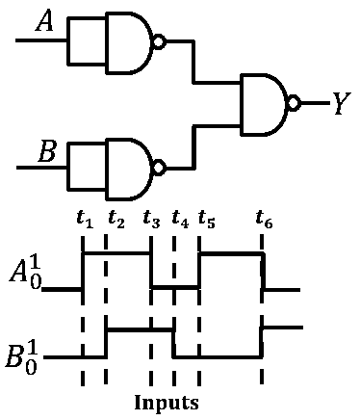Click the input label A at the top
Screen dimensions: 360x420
(44, 22)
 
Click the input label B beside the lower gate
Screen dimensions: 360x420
(47, 151)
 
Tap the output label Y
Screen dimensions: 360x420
(342, 103)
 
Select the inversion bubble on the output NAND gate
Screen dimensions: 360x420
(295, 103)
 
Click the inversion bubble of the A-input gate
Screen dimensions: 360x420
(160, 41)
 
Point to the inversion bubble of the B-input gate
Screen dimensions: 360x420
(160, 169)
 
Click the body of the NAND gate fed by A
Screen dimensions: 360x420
(129, 43)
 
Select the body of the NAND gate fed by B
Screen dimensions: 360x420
(129, 170)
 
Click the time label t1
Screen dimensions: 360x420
(85, 219)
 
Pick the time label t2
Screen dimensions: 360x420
(116, 219)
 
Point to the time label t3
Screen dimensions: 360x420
(151, 219)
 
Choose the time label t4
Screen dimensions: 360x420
(180, 219)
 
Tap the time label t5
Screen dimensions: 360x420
(207, 219)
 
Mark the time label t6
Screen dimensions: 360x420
(264, 219)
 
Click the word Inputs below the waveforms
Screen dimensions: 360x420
(167, 403)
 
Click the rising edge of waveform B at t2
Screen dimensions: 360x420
(106, 343)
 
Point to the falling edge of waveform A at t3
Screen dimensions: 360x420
(151, 270)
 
